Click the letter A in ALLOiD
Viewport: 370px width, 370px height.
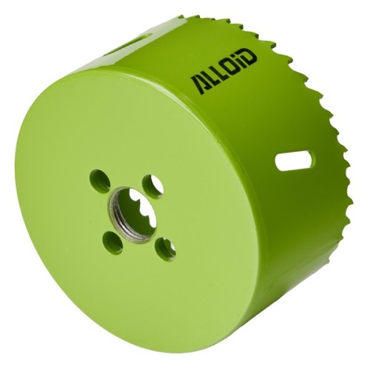pyautogui.click(x=198, y=85)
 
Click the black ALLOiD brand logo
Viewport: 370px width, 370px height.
pyautogui.click(x=223, y=72)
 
